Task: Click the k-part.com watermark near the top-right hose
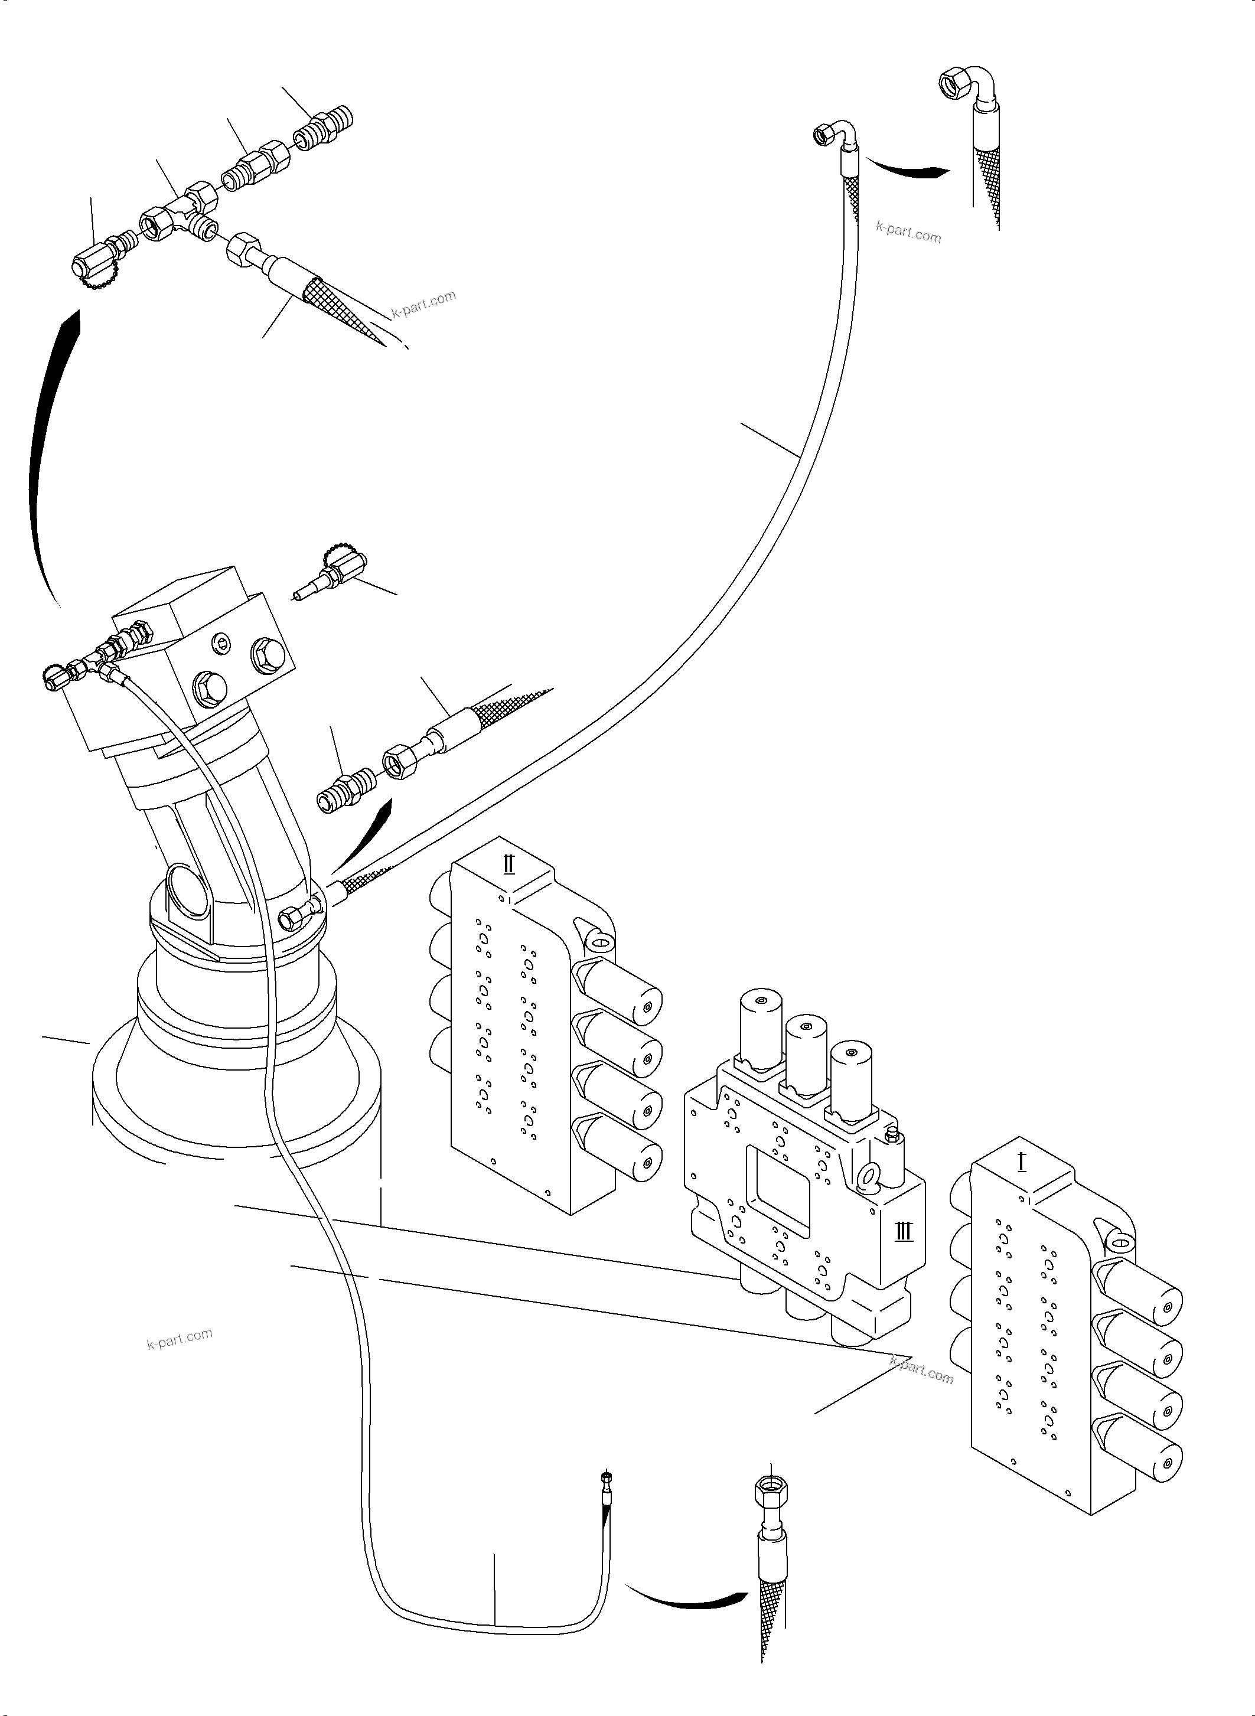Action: [x=908, y=231]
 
